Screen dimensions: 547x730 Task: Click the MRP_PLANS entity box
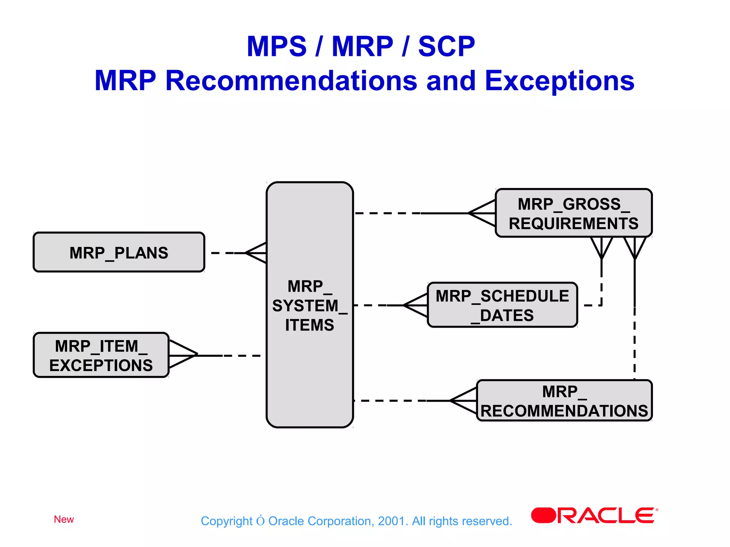coord(119,252)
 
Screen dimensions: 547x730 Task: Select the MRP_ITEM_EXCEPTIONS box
coord(101,355)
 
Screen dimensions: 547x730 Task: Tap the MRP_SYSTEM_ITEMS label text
coord(309,306)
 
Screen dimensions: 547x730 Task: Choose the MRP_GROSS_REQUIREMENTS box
coord(573,213)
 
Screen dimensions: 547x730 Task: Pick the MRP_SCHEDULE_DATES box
coord(502,305)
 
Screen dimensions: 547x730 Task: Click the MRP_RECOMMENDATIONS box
coord(564,401)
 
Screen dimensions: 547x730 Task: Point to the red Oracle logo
coord(593,515)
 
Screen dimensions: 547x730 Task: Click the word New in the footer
coord(64,519)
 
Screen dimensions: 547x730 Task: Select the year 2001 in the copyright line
coord(391,521)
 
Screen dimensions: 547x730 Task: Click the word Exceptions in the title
coord(559,81)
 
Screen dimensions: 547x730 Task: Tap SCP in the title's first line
coord(446,47)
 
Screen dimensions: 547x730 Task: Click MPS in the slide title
coord(277,47)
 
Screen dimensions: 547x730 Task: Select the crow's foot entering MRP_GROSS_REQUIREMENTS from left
coord(482,213)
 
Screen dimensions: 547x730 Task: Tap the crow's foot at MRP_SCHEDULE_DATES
coord(416,305)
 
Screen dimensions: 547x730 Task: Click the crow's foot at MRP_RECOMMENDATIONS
coord(463,401)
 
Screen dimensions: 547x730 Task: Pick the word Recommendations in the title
coord(291,81)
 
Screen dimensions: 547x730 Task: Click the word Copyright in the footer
coord(226,521)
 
